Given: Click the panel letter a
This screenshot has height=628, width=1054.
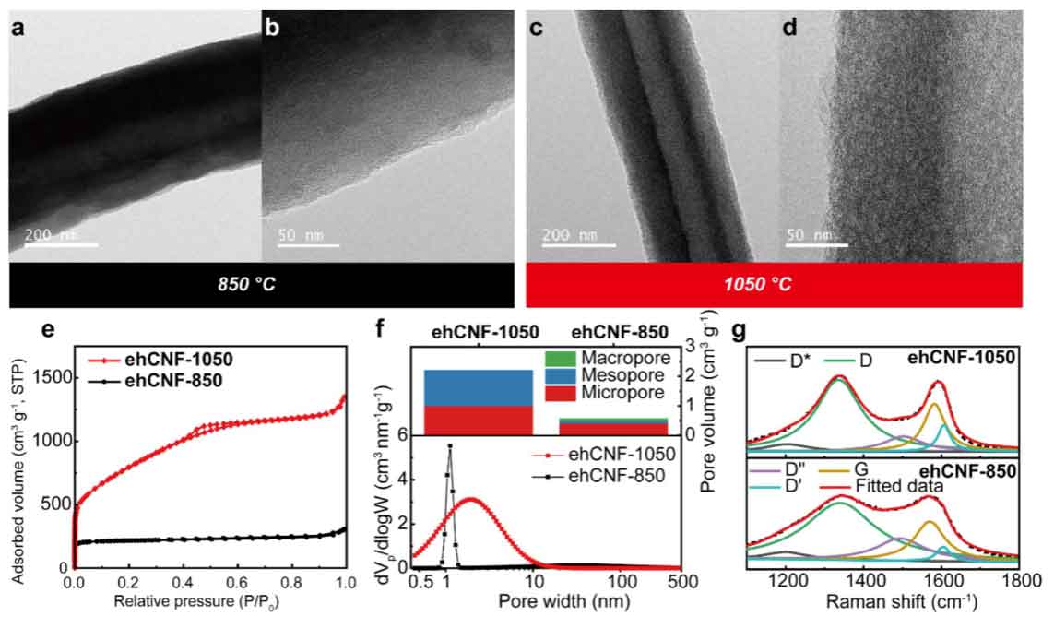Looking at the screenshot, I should pos(18,28).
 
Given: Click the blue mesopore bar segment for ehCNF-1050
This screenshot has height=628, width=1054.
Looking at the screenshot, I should pos(478,387).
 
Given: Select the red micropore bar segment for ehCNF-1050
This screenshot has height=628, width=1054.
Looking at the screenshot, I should pos(478,420).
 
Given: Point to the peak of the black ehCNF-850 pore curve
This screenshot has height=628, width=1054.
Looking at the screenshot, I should pos(450,445).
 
